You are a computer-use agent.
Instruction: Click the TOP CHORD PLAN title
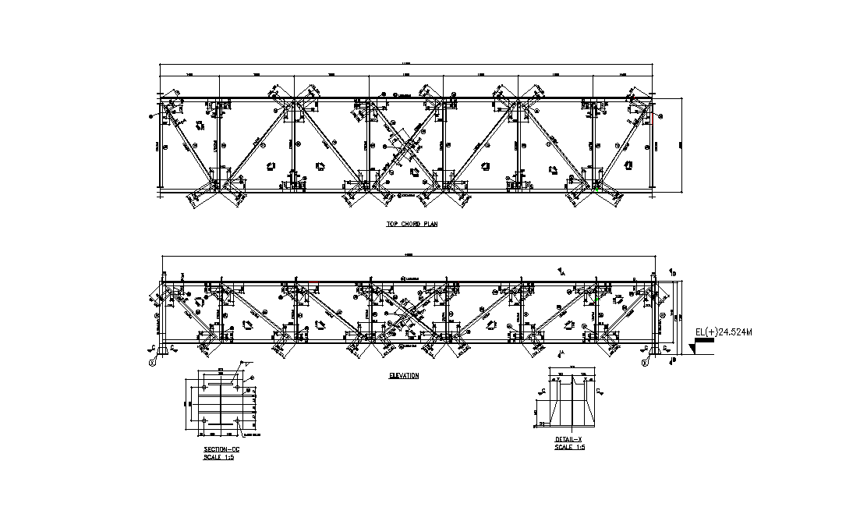tap(412, 224)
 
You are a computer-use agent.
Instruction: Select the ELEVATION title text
tap(404, 376)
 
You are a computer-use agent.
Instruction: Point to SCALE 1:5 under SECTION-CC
tap(218, 458)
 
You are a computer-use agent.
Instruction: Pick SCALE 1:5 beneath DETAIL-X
tap(569, 448)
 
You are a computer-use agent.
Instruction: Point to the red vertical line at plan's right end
tap(654, 119)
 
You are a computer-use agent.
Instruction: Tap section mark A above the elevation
tap(561, 271)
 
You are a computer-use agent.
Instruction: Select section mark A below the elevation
tap(561, 355)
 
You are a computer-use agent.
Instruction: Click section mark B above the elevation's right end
tap(673, 272)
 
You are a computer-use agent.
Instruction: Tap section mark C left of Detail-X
tap(542, 388)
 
